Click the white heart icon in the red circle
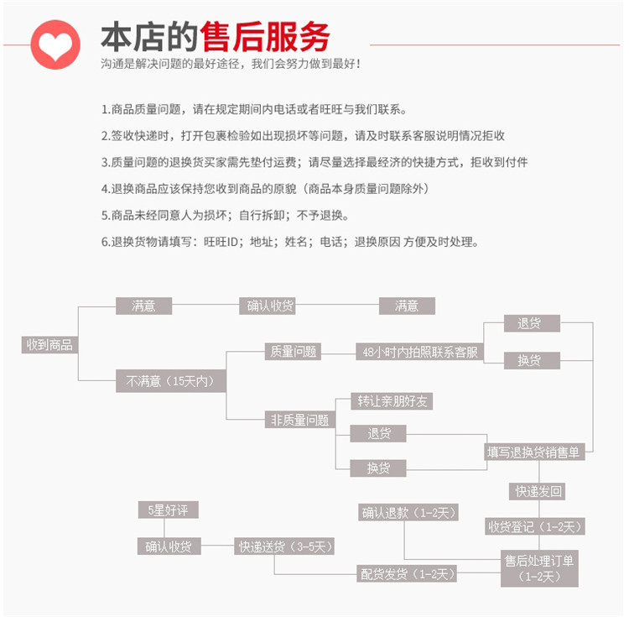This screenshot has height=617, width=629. coord(55,44)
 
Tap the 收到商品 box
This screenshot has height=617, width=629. coord(49,344)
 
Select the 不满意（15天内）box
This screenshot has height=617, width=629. coord(170,381)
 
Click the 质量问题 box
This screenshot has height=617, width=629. coord(294,352)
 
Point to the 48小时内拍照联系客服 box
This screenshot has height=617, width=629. coord(418,353)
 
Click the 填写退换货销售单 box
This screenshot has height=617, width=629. coord(533,452)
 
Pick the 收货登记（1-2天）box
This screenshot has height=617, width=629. coord(535,526)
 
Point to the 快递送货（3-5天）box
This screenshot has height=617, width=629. coord(285,546)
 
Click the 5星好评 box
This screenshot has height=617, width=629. coord(168,510)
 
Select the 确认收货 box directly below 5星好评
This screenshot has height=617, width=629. coord(168,546)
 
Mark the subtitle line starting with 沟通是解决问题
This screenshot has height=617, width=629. coord(231,64)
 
